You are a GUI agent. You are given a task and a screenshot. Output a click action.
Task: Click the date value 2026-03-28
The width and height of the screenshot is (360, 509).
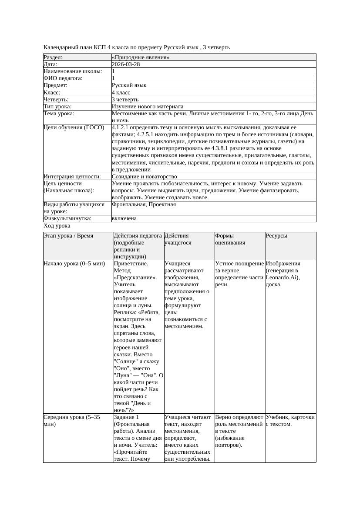[x=126, y=64]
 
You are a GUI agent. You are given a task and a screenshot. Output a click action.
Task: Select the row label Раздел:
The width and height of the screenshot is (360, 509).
[x=53, y=57]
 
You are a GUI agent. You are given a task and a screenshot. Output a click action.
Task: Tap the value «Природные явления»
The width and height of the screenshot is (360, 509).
[x=140, y=57]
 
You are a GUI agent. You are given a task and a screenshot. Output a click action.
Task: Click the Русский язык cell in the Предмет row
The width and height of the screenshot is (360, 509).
[x=129, y=86]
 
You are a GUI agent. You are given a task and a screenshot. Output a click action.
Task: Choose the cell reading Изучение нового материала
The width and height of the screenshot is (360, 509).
[x=147, y=107]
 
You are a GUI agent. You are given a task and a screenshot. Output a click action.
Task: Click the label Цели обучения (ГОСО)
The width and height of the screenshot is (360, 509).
[x=74, y=128]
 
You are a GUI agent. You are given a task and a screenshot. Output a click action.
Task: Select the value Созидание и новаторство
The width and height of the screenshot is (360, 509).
[x=144, y=177]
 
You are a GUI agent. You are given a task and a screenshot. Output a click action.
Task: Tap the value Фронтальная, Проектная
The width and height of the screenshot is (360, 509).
[x=144, y=204]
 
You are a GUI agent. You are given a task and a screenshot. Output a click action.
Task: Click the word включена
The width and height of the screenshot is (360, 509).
[x=124, y=218]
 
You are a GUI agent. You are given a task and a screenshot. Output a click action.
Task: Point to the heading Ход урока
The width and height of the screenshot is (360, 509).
[x=57, y=226]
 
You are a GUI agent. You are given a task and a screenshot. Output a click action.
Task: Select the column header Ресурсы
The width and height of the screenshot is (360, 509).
[x=276, y=236]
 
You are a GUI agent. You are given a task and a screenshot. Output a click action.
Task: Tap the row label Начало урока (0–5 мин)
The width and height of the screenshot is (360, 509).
[x=74, y=264]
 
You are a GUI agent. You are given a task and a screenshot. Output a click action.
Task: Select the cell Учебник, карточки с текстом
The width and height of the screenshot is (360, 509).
[x=290, y=420]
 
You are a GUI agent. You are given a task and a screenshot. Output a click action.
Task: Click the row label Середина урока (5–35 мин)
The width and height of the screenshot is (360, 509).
[x=72, y=420]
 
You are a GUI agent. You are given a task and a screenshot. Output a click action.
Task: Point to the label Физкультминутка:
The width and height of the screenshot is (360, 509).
[x=67, y=218]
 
